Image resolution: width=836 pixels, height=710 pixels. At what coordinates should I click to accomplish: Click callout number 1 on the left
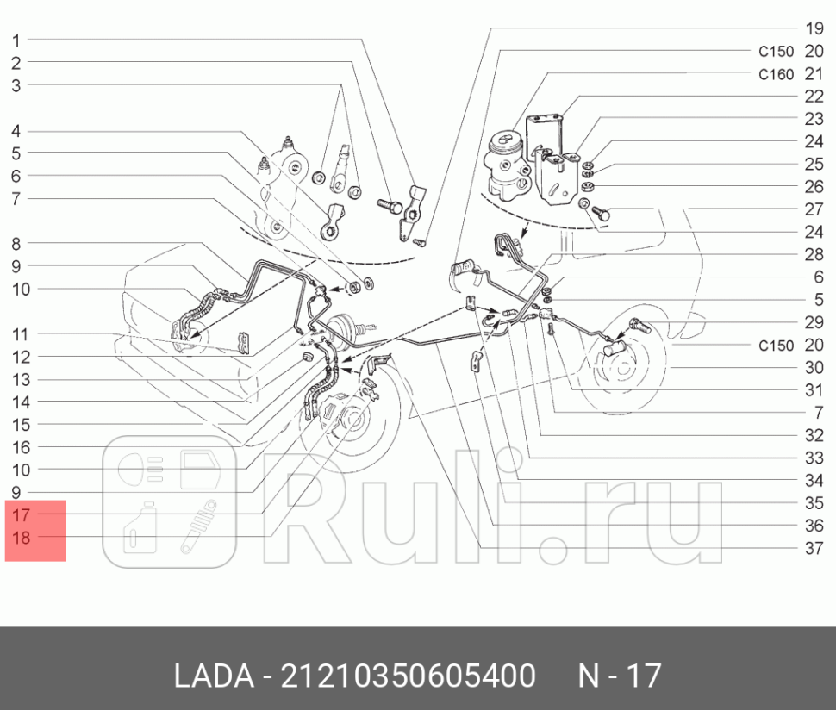click(x=17, y=40)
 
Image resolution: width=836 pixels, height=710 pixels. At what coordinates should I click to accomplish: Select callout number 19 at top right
click(x=814, y=28)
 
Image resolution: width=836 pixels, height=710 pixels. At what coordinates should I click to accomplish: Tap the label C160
click(x=776, y=74)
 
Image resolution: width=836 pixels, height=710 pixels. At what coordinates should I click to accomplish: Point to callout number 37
click(x=814, y=548)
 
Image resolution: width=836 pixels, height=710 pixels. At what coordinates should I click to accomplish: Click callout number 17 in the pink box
click(x=22, y=514)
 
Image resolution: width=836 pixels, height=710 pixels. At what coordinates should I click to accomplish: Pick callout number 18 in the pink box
click(x=22, y=537)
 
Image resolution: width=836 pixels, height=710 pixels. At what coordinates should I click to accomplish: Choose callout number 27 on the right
click(x=814, y=209)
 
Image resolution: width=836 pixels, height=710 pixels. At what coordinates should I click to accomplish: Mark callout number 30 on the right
click(x=814, y=368)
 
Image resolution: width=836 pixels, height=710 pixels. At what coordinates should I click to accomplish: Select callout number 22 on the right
click(x=814, y=97)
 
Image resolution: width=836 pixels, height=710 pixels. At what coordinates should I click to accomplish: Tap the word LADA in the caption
click(x=210, y=676)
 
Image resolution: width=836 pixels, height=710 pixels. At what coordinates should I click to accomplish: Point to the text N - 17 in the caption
click(x=619, y=676)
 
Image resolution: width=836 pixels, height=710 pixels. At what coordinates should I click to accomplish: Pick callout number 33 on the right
click(x=814, y=458)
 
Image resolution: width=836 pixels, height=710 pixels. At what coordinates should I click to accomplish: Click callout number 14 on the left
click(x=21, y=402)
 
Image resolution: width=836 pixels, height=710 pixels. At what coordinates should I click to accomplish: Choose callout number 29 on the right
click(x=814, y=322)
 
